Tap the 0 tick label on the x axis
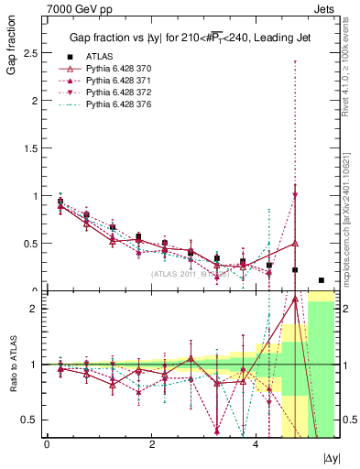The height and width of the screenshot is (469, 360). [x=47, y=444]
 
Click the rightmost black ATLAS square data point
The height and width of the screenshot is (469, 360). [x=321, y=280]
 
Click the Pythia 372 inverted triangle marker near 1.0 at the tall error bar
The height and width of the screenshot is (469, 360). [x=295, y=194]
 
